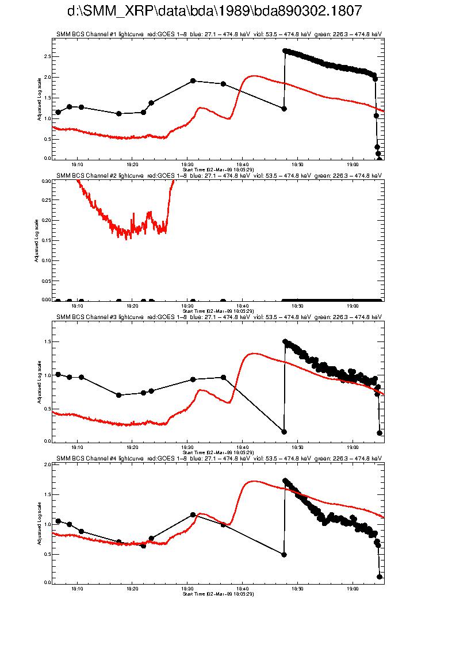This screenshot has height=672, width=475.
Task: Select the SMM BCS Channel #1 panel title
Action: coord(219,34)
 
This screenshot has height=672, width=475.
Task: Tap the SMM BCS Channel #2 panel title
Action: coord(219,175)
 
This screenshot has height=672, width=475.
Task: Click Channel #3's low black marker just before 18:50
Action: coord(284,432)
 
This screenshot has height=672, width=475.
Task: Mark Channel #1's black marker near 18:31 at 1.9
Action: coord(193,81)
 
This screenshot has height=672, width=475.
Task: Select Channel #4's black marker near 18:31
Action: coord(193,515)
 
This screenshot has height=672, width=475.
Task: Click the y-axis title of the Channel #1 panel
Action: coord(39,98)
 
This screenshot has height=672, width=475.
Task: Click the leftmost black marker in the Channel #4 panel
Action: coord(58,521)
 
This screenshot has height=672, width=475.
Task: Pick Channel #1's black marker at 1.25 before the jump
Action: coord(284,109)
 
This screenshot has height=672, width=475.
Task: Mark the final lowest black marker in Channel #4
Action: coord(380,577)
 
